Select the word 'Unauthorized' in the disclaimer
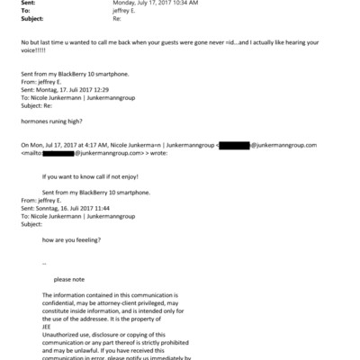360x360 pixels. pyautogui.click(x=63, y=337)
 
